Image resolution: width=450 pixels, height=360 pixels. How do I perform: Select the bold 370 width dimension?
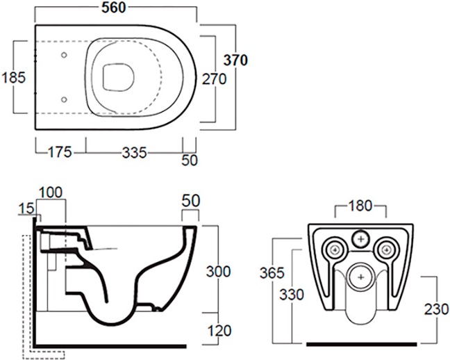coord(235,60)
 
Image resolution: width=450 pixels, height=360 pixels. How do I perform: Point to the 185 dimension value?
coord(14,77)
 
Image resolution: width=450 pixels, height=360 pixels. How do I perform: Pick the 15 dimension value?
coord(25,208)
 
